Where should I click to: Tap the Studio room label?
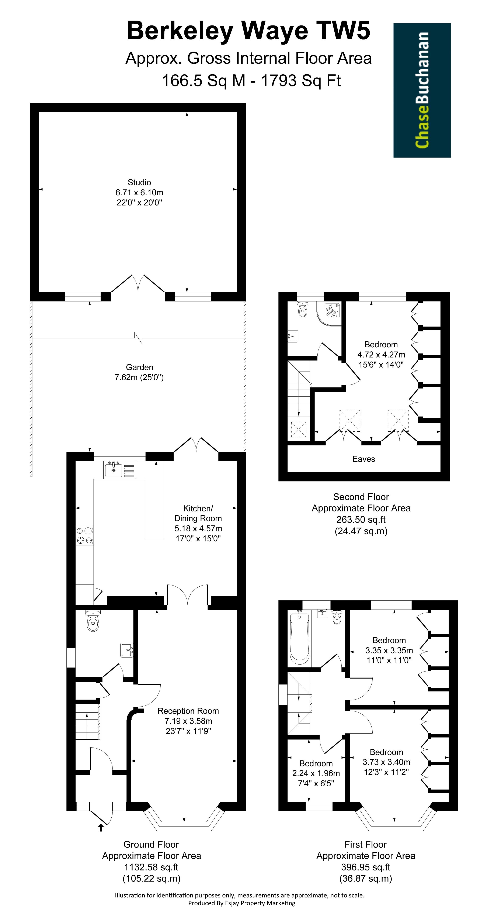click(139, 192)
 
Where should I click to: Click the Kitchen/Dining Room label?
click(198, 523)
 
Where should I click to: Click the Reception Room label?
click(188, 721)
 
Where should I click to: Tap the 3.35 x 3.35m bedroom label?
click(389, 650)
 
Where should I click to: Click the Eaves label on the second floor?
click(364, 459)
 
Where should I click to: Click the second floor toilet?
click(303, 309)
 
